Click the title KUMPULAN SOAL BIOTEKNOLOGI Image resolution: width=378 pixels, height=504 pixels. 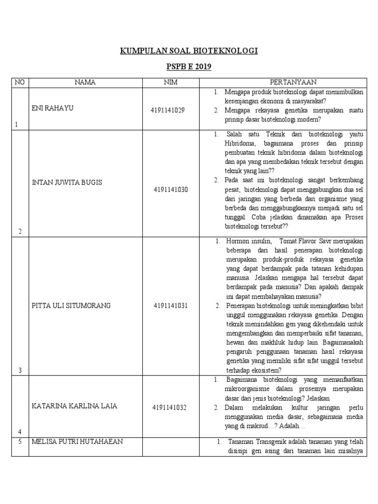189,51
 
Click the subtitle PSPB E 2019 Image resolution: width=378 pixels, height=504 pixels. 189,66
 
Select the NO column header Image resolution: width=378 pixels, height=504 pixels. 20,83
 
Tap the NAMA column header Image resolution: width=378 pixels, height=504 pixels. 85,83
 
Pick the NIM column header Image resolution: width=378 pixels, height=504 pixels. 170,83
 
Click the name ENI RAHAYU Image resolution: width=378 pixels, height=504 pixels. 52,108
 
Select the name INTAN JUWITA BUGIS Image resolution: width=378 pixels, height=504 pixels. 67,183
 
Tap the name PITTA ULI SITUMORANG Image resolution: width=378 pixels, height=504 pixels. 71,306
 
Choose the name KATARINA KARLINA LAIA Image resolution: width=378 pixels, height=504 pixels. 75,406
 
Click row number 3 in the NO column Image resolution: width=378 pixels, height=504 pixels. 20,370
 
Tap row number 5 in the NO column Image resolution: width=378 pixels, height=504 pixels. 20,441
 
